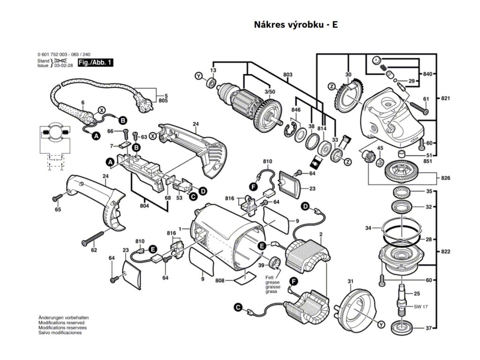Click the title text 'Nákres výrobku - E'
295,25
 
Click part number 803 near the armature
288,75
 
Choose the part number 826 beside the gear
446,178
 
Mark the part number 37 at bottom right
428,328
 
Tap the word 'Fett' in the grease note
269,278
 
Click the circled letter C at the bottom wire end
238,307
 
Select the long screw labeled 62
98,237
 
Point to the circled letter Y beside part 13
198,75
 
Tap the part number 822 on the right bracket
446,252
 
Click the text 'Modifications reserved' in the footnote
61,323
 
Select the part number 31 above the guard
350,281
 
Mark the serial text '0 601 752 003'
53,54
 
